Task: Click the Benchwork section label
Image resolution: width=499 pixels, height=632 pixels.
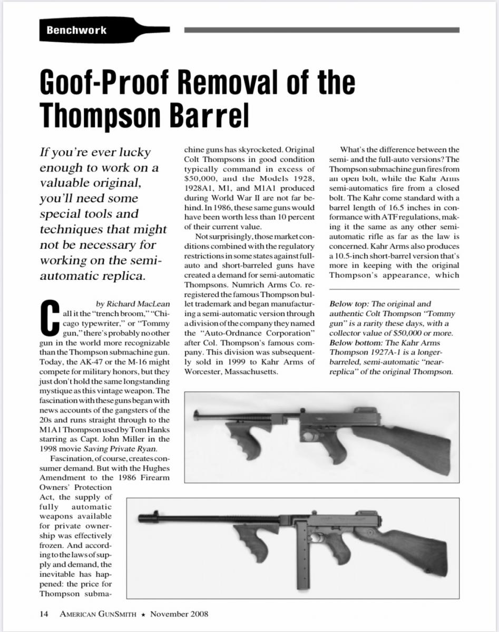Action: coord(76,30)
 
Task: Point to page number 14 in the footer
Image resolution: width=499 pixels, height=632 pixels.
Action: coord(44,614)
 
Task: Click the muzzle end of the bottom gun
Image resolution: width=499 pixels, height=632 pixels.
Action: coord(143,518)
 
